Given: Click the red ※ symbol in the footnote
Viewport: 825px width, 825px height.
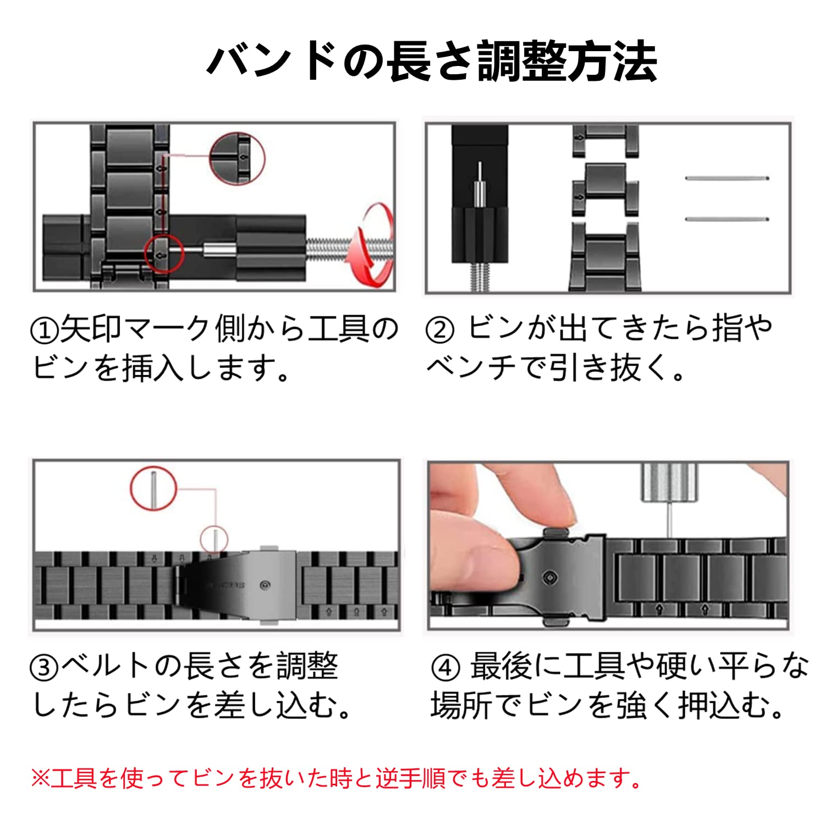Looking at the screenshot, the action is [x=40, y=778].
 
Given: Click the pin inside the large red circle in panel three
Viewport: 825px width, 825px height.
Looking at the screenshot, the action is [x=155, y=488].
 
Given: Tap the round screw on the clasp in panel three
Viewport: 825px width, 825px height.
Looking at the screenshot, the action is [x=265, y=585].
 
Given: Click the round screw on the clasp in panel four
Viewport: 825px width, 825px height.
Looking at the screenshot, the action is [x=550, y=577].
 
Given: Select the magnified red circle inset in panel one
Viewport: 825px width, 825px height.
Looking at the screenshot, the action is [x=237, y=158].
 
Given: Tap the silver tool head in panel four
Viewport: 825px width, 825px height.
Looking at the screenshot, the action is [x=667, y=482].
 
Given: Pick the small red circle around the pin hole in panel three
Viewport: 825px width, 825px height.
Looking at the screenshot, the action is [x=213, y=539].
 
